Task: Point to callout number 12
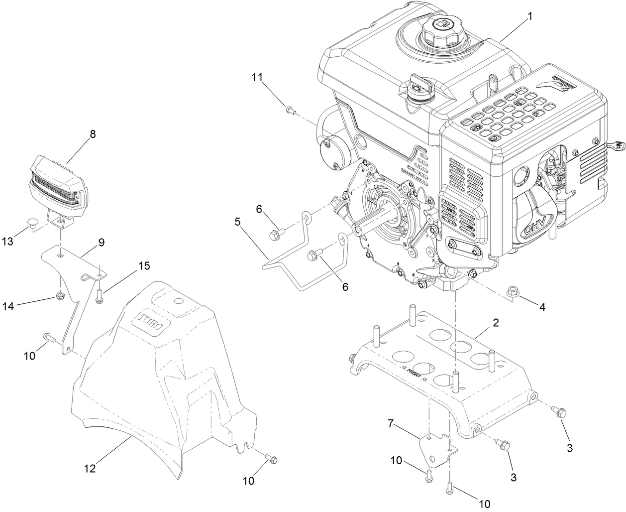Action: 90,468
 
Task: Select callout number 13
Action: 20,241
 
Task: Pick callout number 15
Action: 143,265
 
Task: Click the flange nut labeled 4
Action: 512,291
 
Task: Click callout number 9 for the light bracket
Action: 101,243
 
